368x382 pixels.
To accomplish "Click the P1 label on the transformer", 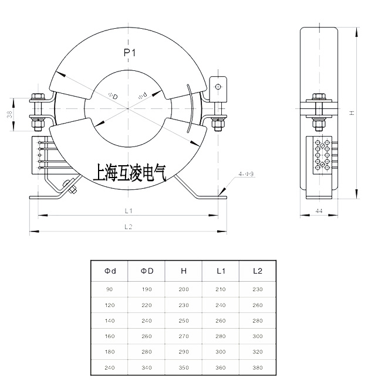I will (x=130, y=53).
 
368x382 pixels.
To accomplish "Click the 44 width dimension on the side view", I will (x=319, y=210).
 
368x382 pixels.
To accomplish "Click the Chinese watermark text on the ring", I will (x=130, y=171).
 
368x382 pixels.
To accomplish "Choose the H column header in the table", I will (x=184, y=271).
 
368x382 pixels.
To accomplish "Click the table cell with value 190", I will (x=147, y=289).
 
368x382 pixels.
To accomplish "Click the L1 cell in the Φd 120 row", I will (x=221, y=305).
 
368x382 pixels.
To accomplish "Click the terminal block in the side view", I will (x=321, y=156).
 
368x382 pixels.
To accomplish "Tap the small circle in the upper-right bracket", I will (x=218, y=87).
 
